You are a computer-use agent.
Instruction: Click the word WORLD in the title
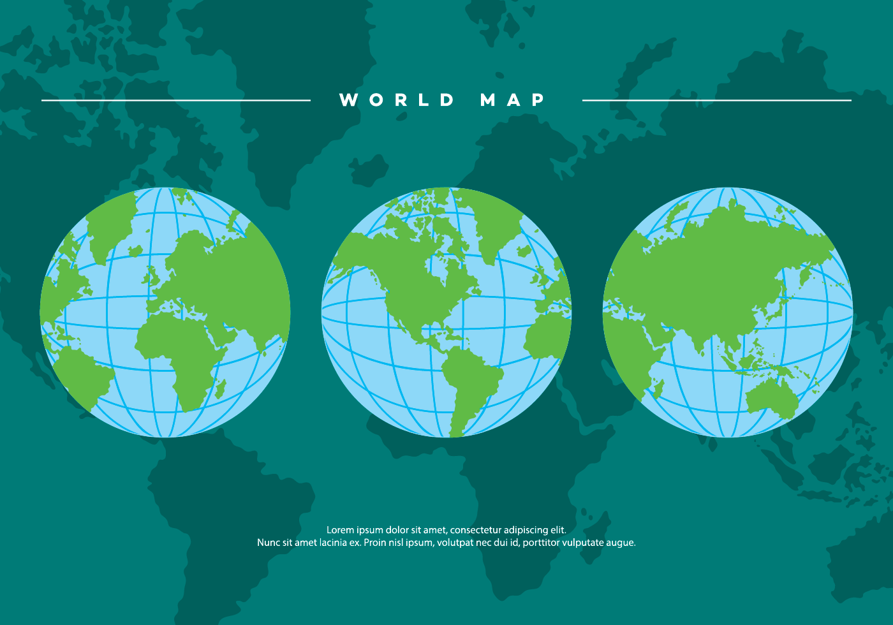point(397,100)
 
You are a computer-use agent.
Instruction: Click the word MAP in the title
point(513,100)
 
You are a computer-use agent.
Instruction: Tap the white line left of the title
point(176,100)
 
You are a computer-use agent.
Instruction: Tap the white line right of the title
point(716,100)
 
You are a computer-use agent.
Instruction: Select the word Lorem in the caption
point(339,530)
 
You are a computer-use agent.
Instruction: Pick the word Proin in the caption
point(375,543)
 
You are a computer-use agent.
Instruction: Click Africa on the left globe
point(179,351)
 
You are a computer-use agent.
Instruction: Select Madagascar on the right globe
point(658,387)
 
